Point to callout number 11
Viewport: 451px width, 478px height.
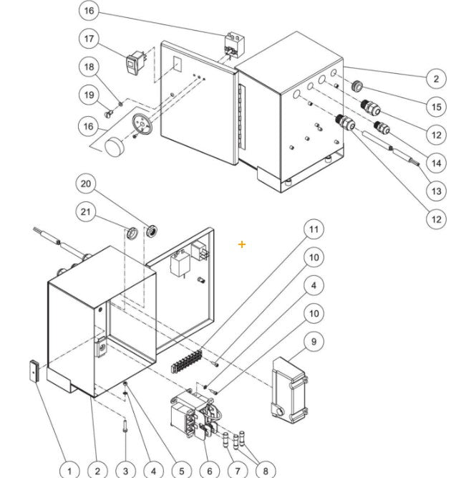[x=313, y=229]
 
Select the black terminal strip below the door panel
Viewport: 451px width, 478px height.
[x=187, y=359]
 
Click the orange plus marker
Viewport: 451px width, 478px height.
[x=242, y=245]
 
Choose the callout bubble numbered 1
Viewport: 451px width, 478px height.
[x=69, y=471]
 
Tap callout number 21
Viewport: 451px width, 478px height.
[x=87, y=211]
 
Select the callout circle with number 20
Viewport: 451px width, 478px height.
[x=87, y=184]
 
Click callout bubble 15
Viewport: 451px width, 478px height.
[x=435, y=106]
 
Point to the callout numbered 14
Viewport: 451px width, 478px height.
[x=435, y=163]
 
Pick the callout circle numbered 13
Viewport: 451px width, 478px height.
[x=435, y=191]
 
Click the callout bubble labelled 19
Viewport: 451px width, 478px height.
[x=89, y=95]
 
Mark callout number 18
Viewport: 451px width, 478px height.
[x=89, y=67]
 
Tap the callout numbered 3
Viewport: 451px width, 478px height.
[x=125, y=471]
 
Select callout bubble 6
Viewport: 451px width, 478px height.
[x=209, y=471]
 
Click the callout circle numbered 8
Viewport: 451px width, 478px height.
[x=265, y=471]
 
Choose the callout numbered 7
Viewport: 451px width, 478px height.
[x=237, y=471]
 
